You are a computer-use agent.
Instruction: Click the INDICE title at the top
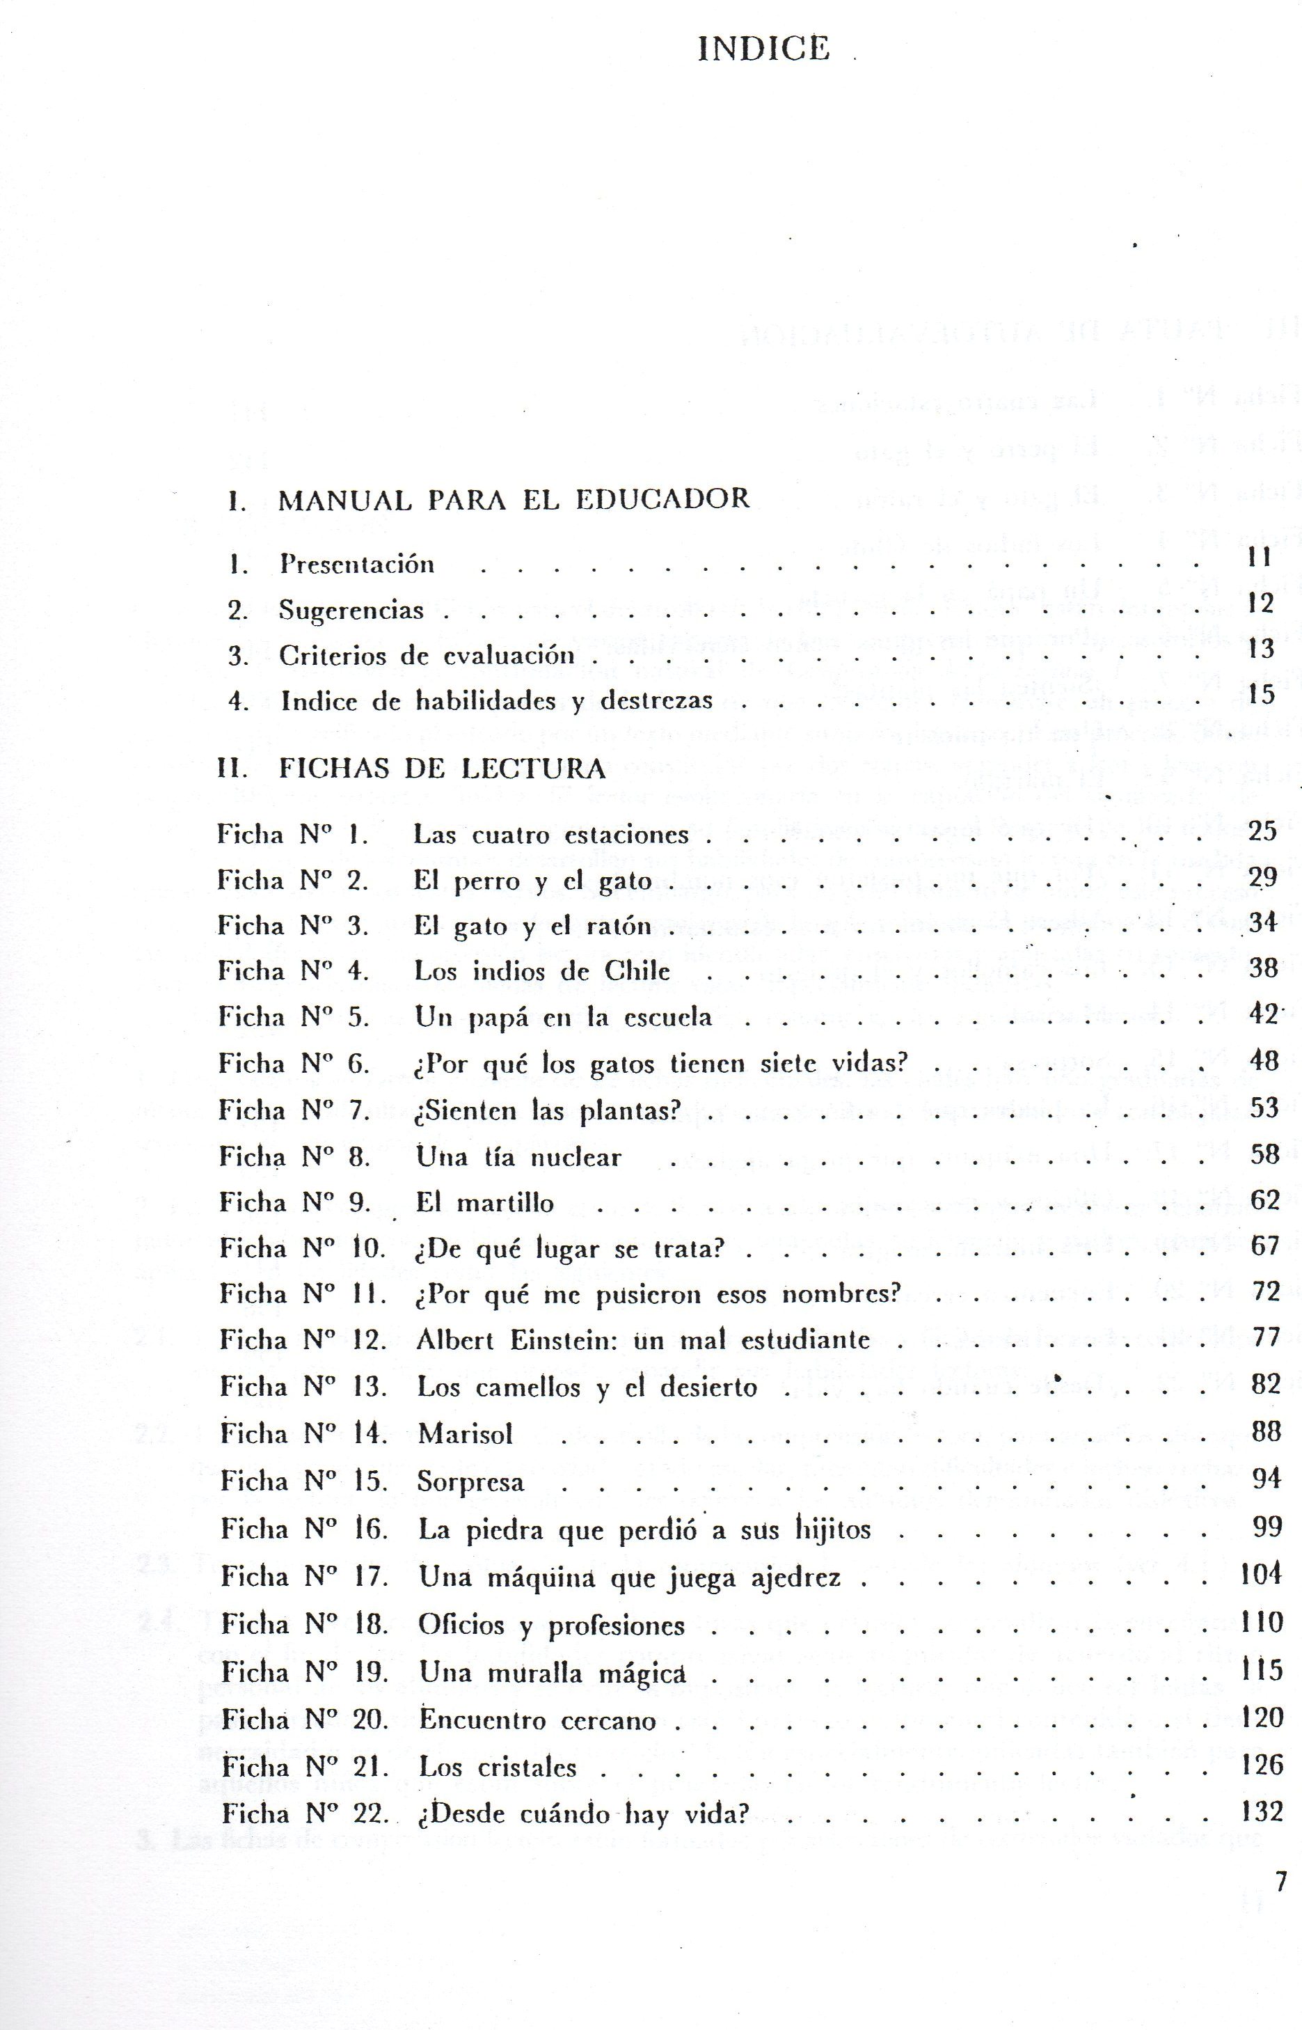pos(764,48)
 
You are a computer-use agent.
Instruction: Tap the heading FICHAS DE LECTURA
pos(442,768)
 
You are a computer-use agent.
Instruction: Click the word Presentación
pos(357,564)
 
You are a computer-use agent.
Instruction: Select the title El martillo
pos(484,1203)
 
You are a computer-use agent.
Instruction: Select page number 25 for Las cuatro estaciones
pos(1262,831)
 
